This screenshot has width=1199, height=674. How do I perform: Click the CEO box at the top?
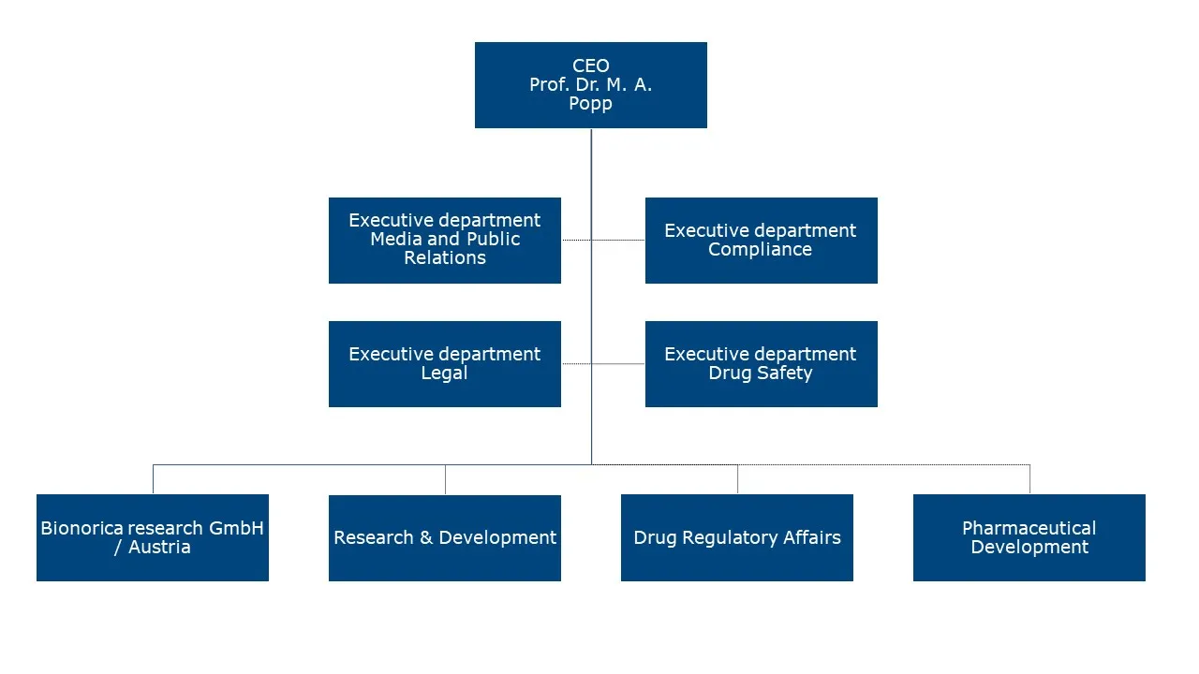click(x=590, y=85)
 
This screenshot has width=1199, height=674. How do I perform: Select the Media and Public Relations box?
click(x=444, y=241)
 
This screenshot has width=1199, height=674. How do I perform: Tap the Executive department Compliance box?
click(x=761, y=241)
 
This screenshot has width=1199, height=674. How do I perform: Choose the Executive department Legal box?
click(x=444, y=364)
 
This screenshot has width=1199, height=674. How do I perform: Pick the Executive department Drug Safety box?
click(x=761, y=364)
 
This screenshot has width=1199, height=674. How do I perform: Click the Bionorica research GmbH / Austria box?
click(x=152, y=538)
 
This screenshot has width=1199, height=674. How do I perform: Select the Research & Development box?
click(x=444, y=538)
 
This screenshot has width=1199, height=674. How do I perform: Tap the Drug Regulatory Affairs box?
click(x=736, y=538)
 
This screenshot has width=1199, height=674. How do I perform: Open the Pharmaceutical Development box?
click(x=1029, y=538)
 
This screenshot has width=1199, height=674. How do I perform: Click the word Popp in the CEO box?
click(x=590, y=104)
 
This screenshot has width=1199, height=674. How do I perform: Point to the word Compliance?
click(x=760, y=250)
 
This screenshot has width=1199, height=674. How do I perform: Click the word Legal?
click(x=444, y=374)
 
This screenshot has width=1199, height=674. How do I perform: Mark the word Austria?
click(x=159, y=548)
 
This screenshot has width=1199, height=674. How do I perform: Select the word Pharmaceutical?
click(x=1029, y=528)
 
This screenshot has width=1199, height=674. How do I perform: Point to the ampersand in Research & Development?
click(x=425, y=538)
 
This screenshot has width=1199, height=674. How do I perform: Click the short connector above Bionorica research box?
click(x=153, y=479)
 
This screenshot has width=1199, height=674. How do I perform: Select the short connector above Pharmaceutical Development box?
click(x=1029, y=479)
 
